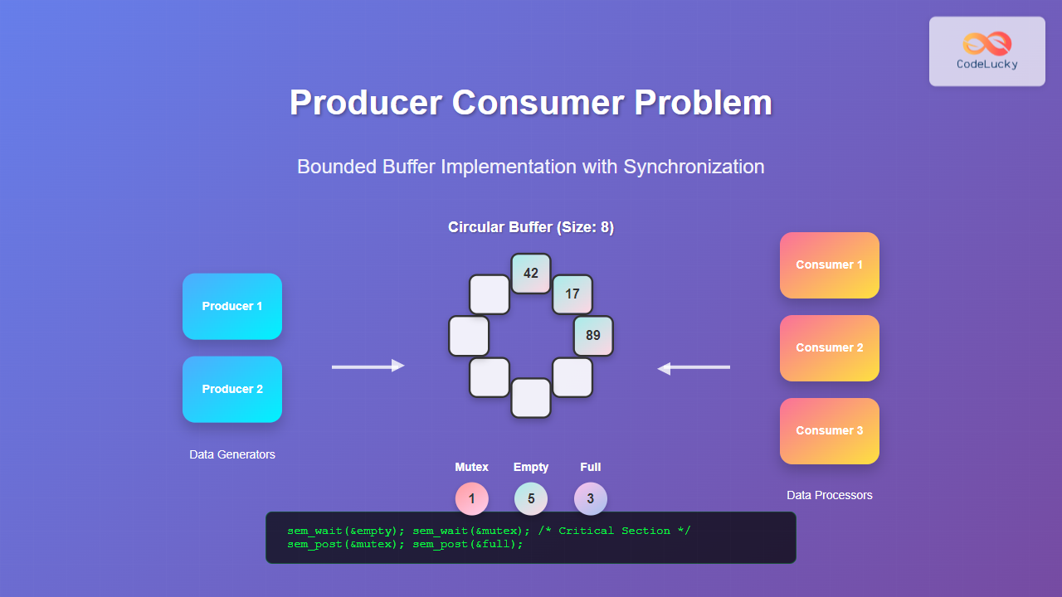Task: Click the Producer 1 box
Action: coord(232,307)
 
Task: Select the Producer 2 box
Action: coord(232,390)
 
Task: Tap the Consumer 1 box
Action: coord(829,265)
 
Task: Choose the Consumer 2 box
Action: coord(829,348)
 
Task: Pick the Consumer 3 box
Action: coord(829,431)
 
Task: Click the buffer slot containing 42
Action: coord(531,274)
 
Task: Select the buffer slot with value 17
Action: coord(572,294)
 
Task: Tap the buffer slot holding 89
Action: coord(593,336)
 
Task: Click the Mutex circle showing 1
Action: coord(472,499)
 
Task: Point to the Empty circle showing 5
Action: coord(531,499)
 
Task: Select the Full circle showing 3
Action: coord(591,499)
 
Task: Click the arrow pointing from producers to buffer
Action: coord(368,366)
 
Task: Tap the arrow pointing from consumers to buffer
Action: coord(694,367)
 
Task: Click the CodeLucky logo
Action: coord(986,51)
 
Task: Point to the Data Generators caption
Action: coord(232,454)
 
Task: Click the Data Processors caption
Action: coord(829,495)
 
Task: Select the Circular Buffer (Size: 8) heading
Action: coord(531,227)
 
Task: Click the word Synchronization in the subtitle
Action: coord(694,167)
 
